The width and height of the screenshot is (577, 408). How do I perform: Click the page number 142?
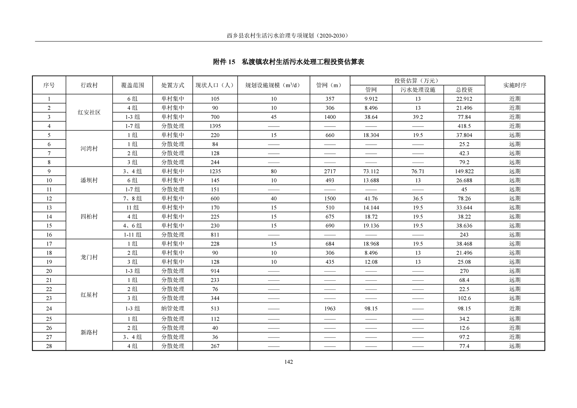coord(288,362)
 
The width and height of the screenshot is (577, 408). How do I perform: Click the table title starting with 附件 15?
coord(288,62)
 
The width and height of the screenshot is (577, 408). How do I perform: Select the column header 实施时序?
coord(514,85)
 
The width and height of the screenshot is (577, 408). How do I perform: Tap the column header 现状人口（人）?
coord(215,85)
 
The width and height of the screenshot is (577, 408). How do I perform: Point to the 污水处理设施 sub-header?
coord(418,90)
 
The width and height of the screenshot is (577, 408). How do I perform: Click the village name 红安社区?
coord(89,112)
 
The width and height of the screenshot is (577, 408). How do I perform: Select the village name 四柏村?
coord(89,217)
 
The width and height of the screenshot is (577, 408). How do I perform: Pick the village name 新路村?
coord(89,332)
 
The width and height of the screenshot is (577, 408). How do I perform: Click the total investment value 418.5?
coord(464,126)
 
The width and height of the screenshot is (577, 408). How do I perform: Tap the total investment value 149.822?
coord(464,171)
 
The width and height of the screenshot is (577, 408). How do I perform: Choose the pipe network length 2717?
coord(330,171)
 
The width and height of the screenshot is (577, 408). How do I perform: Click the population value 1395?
coord(215,126)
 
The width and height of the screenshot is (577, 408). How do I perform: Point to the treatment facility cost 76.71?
coord(418,171)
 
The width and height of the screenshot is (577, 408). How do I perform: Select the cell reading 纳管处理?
coord(173,308)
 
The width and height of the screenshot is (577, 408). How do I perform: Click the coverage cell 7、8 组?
coord(132,199)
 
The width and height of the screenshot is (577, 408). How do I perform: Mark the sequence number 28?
coord(49,346)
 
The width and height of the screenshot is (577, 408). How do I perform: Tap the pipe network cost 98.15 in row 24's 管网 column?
coord(371,308)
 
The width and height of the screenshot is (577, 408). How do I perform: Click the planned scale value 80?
coord(273,171)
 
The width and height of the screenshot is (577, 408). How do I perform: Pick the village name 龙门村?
coord(89,257)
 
